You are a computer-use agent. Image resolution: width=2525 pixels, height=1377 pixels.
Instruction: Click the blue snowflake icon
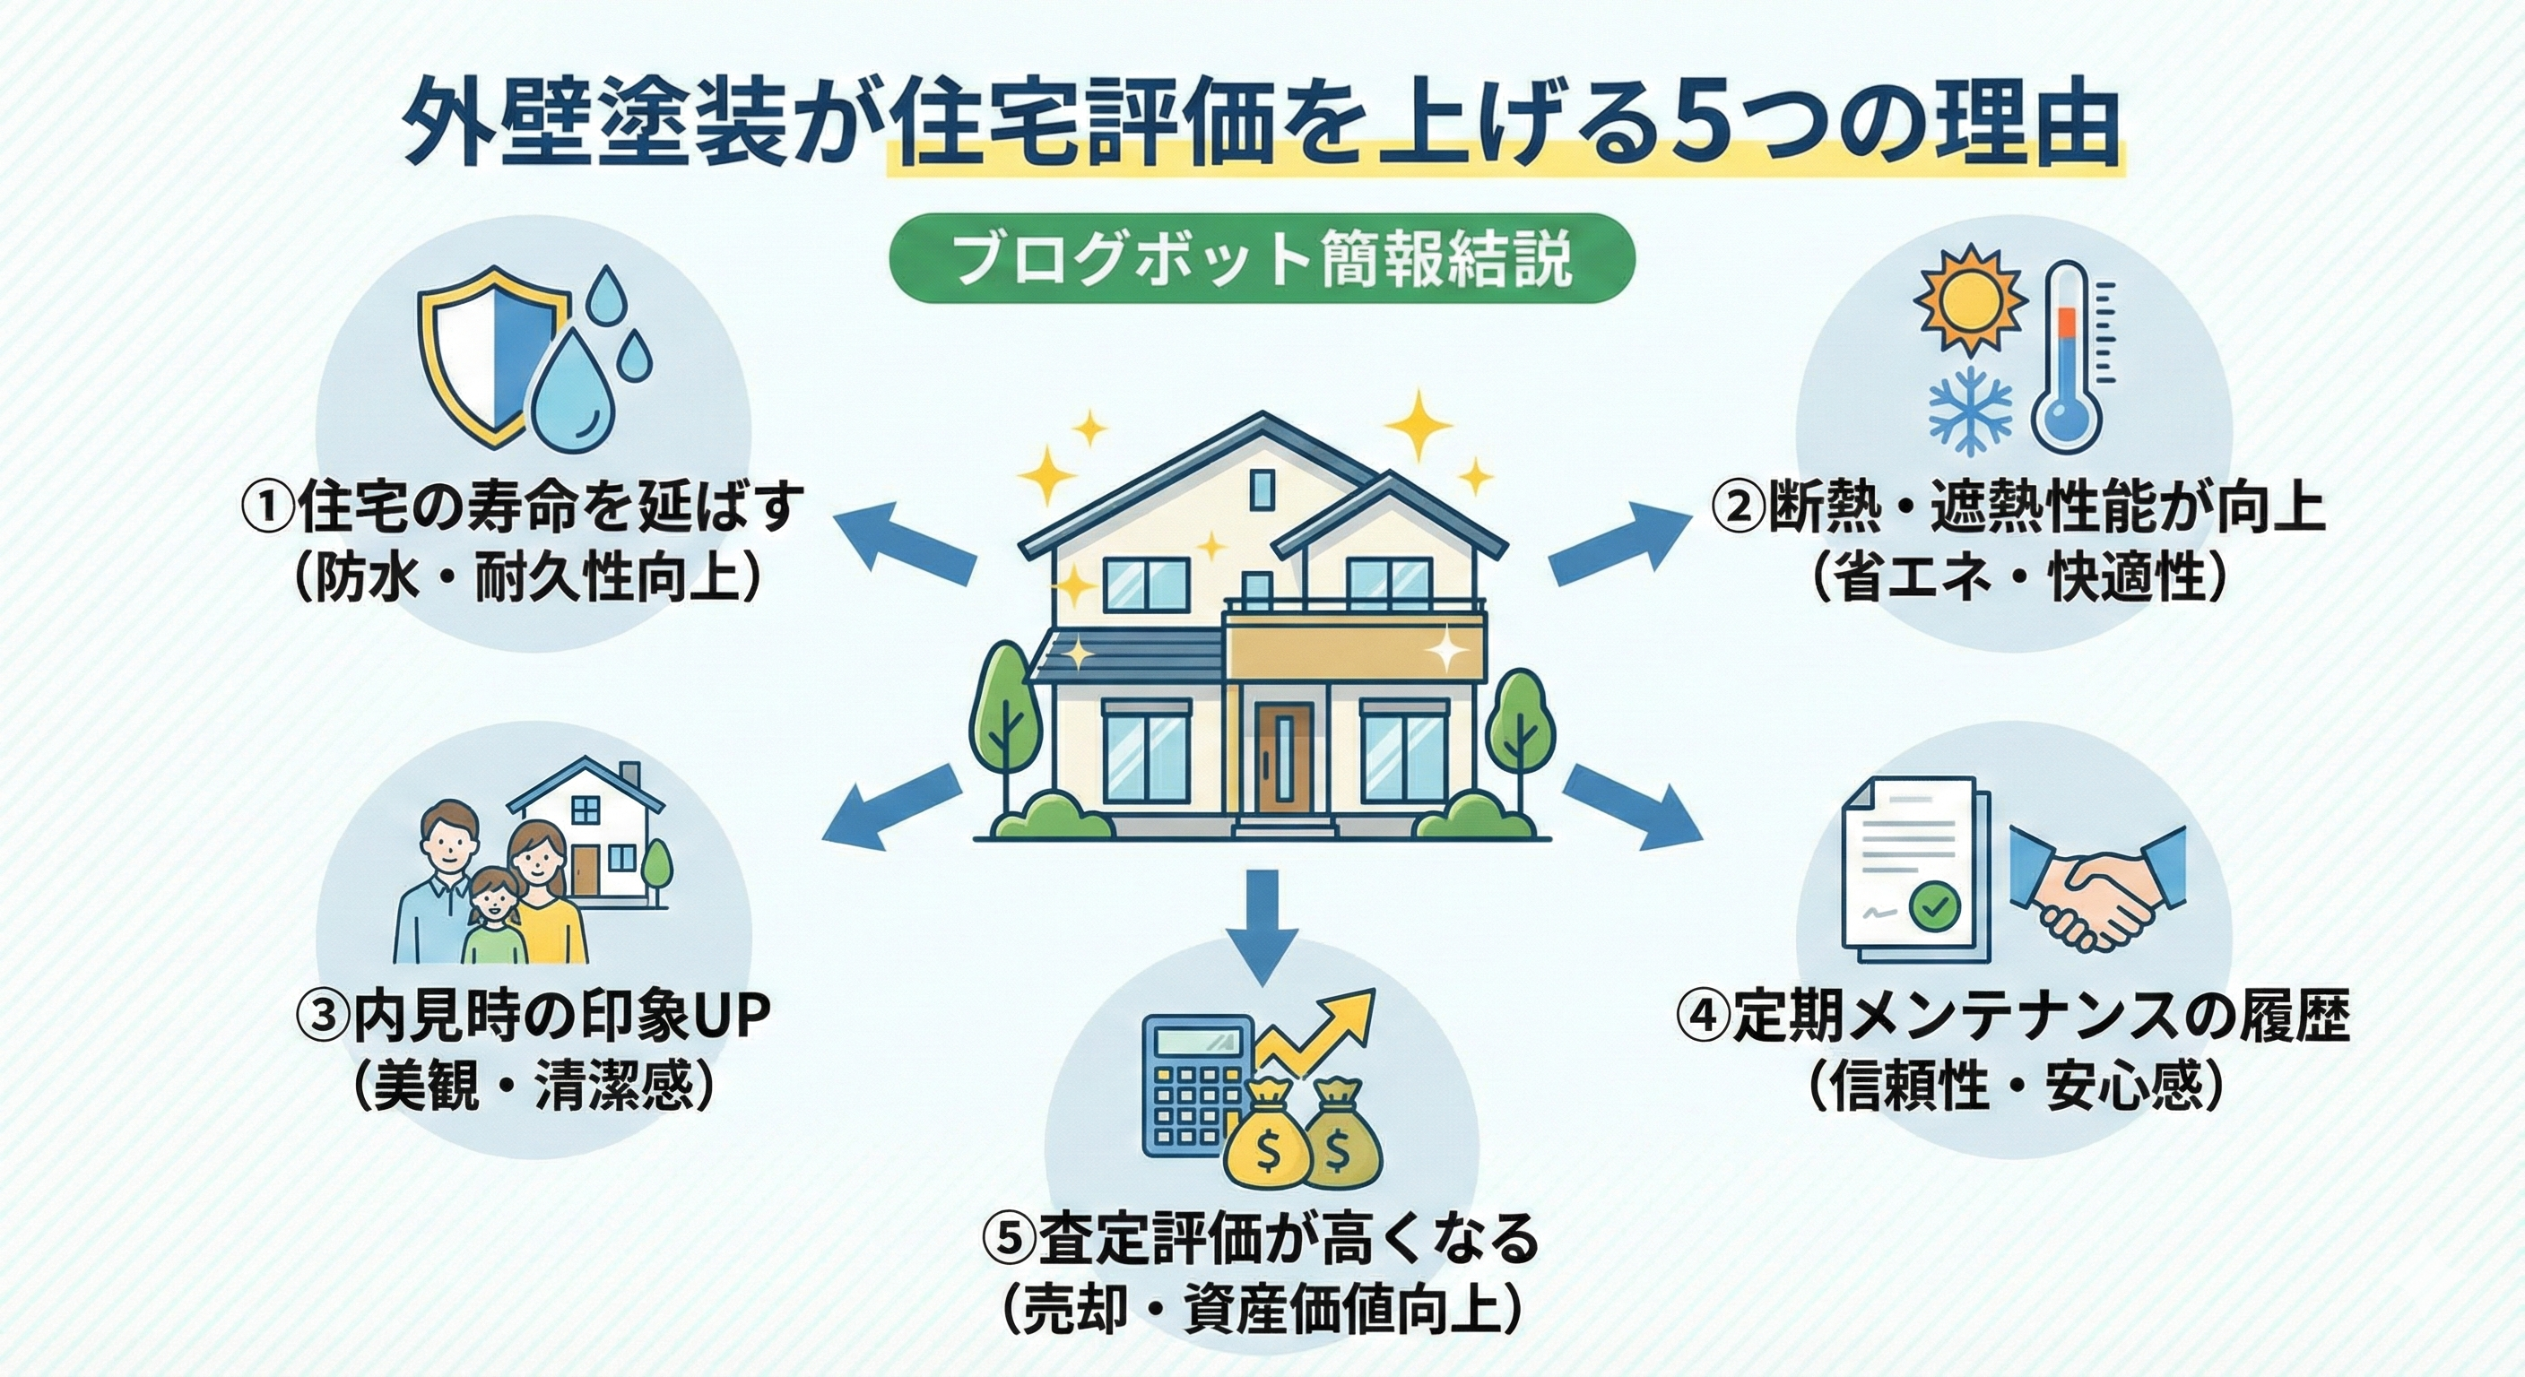coord(1970,411)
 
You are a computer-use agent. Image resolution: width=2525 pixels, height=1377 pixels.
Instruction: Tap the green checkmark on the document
coord(1933,905)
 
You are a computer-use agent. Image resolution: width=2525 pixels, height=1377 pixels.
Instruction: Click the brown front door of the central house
coord(1284,755)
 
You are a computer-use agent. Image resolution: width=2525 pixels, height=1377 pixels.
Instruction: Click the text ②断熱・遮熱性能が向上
coord(2018,507)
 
